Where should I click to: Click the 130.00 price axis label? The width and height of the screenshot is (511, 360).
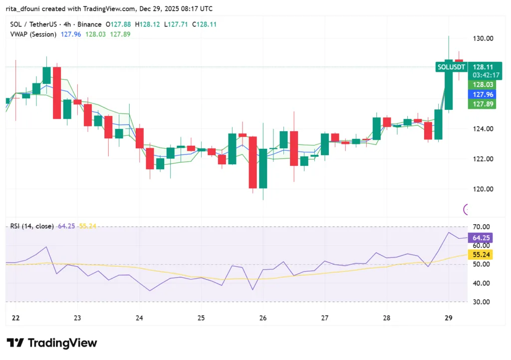[483, 38]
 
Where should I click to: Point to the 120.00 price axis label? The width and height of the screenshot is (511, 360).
[483, 189]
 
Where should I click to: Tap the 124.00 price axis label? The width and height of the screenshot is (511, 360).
[483, 129]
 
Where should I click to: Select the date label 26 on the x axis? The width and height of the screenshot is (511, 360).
[263, 318]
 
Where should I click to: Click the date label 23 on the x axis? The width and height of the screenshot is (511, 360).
[77, 318]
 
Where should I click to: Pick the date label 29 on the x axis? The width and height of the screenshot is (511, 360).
[449, 318]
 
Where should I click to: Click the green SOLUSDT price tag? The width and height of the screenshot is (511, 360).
[452, 66]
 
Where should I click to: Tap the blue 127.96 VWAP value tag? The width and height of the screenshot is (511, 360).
[482, 94]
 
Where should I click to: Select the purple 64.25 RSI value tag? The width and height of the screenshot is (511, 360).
[482, 238]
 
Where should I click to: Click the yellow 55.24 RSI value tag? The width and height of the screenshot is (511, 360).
[482, 254]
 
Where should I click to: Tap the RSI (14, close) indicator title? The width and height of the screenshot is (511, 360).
[32, 226]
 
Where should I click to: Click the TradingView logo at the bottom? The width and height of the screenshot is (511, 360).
[51, 343]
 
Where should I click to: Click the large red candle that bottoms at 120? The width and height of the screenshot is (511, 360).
[253, 162]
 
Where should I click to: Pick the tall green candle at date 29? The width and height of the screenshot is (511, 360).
[449, 85]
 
